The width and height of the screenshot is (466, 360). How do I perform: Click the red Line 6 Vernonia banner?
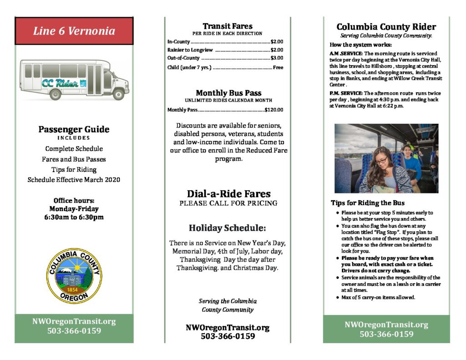click(x=74, y=31)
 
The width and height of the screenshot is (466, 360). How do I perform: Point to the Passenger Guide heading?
click(x=74, y=129)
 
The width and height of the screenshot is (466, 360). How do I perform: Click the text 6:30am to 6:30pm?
click(x=74, y=217)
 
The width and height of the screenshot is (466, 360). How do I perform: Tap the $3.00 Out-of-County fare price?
click(x=277, y=58)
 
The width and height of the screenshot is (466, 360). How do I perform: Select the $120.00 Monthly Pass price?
click(x=274, y=110)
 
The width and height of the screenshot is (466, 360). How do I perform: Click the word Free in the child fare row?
click(x=278, y=67)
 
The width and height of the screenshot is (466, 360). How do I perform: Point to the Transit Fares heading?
click(x=228, y=26)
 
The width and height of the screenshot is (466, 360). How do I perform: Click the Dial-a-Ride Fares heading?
click(x=228, y=193)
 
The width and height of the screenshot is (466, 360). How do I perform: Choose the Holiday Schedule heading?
click(x=228, y=228)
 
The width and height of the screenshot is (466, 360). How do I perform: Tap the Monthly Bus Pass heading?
click(x=228, y=93)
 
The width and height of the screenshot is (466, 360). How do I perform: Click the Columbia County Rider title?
click(x=386, y=27)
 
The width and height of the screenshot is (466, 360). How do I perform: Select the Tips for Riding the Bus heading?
click(x=368, y=203)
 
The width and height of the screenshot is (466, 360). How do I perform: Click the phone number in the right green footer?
click(x=386, y=334)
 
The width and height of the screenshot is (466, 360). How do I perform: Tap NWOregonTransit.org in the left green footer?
click(x=74, y=321)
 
